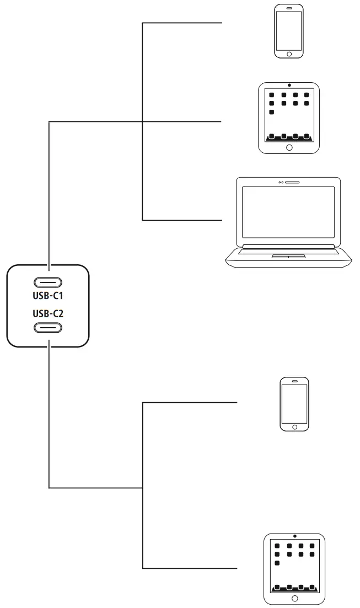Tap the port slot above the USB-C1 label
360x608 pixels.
coord(48,282)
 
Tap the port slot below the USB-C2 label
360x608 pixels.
coord(48,328)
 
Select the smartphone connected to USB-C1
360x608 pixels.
coord(289,31)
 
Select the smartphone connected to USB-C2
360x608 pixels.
coord(294,404)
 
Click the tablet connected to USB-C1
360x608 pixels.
coord(289,118)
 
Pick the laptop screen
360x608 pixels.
coord(289,212)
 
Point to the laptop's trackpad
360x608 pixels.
coord(289,257)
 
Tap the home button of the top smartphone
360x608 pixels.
coord(289,54)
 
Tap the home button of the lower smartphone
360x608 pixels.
coord(294,426)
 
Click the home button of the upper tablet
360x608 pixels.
coord(289,147)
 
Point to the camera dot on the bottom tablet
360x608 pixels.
coord(295,536)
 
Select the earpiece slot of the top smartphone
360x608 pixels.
coord(289,9)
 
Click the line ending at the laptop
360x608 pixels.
coord(182,220)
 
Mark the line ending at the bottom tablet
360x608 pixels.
coord(190,568)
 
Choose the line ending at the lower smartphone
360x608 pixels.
coord(190,403)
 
